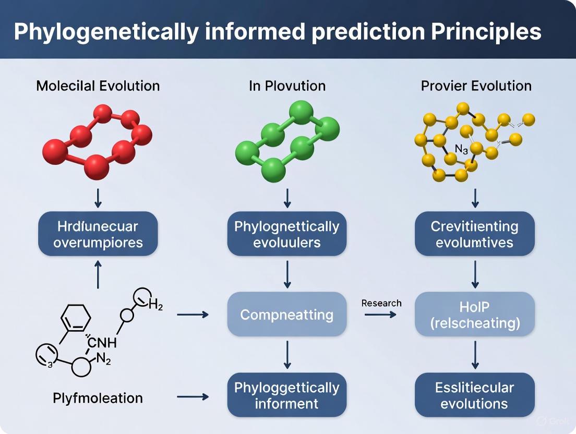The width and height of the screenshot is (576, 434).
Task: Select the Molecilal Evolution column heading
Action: [98, 86]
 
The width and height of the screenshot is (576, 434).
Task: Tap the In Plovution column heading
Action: [287, 86]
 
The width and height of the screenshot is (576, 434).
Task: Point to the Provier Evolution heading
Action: [476, 86]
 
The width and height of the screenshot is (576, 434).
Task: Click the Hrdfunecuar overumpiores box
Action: [98, 234]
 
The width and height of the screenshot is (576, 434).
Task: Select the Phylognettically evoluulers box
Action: [287, 234]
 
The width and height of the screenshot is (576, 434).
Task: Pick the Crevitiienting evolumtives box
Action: [475, 234]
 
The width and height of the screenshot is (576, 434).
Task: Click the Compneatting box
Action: [287, 315]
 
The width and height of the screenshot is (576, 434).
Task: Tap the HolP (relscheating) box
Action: [475, 315]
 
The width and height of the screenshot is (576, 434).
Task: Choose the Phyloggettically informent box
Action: [287, 395]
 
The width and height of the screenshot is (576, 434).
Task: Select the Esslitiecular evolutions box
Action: [475, 395]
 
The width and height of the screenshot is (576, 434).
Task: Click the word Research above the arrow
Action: [381, 303]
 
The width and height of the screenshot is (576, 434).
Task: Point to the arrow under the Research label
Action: [380, 315]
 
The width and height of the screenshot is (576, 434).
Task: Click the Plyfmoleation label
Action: [98, 398]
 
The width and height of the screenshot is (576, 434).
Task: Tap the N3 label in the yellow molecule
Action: [461, 149]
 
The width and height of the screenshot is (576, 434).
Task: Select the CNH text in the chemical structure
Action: [103, 343]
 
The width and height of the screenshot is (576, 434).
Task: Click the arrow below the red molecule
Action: [98, 198]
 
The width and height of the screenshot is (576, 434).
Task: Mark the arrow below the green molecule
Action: [287, 198]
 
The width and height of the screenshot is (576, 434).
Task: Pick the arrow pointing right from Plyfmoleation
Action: [193, 397]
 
